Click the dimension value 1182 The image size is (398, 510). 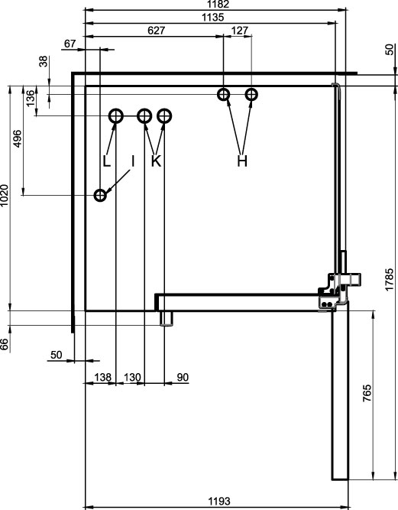pyautogui.click(x=218, y=4)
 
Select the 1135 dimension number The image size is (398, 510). pyautogui.click(x=213, y=18)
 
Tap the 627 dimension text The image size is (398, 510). pyautogui.click(x=157, y=31)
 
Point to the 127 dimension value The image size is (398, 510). pyautogui.click(x=240, y=31)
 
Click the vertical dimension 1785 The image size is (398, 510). pyautogui.click(x=390, y=279)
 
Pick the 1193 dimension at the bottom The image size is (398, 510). pyautogui.click(x=219, y=501)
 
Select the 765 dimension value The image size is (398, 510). pyautogui.click(x=367, y=393)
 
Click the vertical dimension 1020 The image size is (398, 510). pyautogui.click(x=5, y=195)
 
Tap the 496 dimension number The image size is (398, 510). pyautogui.click(x=18, y=138)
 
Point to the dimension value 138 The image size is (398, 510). pyautogui.click(x=102, y=377)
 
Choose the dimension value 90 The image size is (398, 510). pyautogui.click(x=183, y=377)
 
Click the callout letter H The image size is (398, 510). pyautogui.click(x=242, y=161)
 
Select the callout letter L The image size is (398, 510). pyautogui.click(x=107, y=161)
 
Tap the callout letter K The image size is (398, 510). pyautogui.click(x=157, y=161)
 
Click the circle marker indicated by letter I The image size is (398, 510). pyautogui.click(x=100, y=196)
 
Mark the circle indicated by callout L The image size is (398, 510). pyautogui.click(x=115, y=115)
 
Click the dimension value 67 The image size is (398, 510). pyautogui.click(x=70, y=44)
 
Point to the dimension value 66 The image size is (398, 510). pyautogui.click(x=5, y=344)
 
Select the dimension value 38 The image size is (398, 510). pyautogui.click(x=44, y=61)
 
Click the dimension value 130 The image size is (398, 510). pyautogui.click(x=132, y=377)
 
